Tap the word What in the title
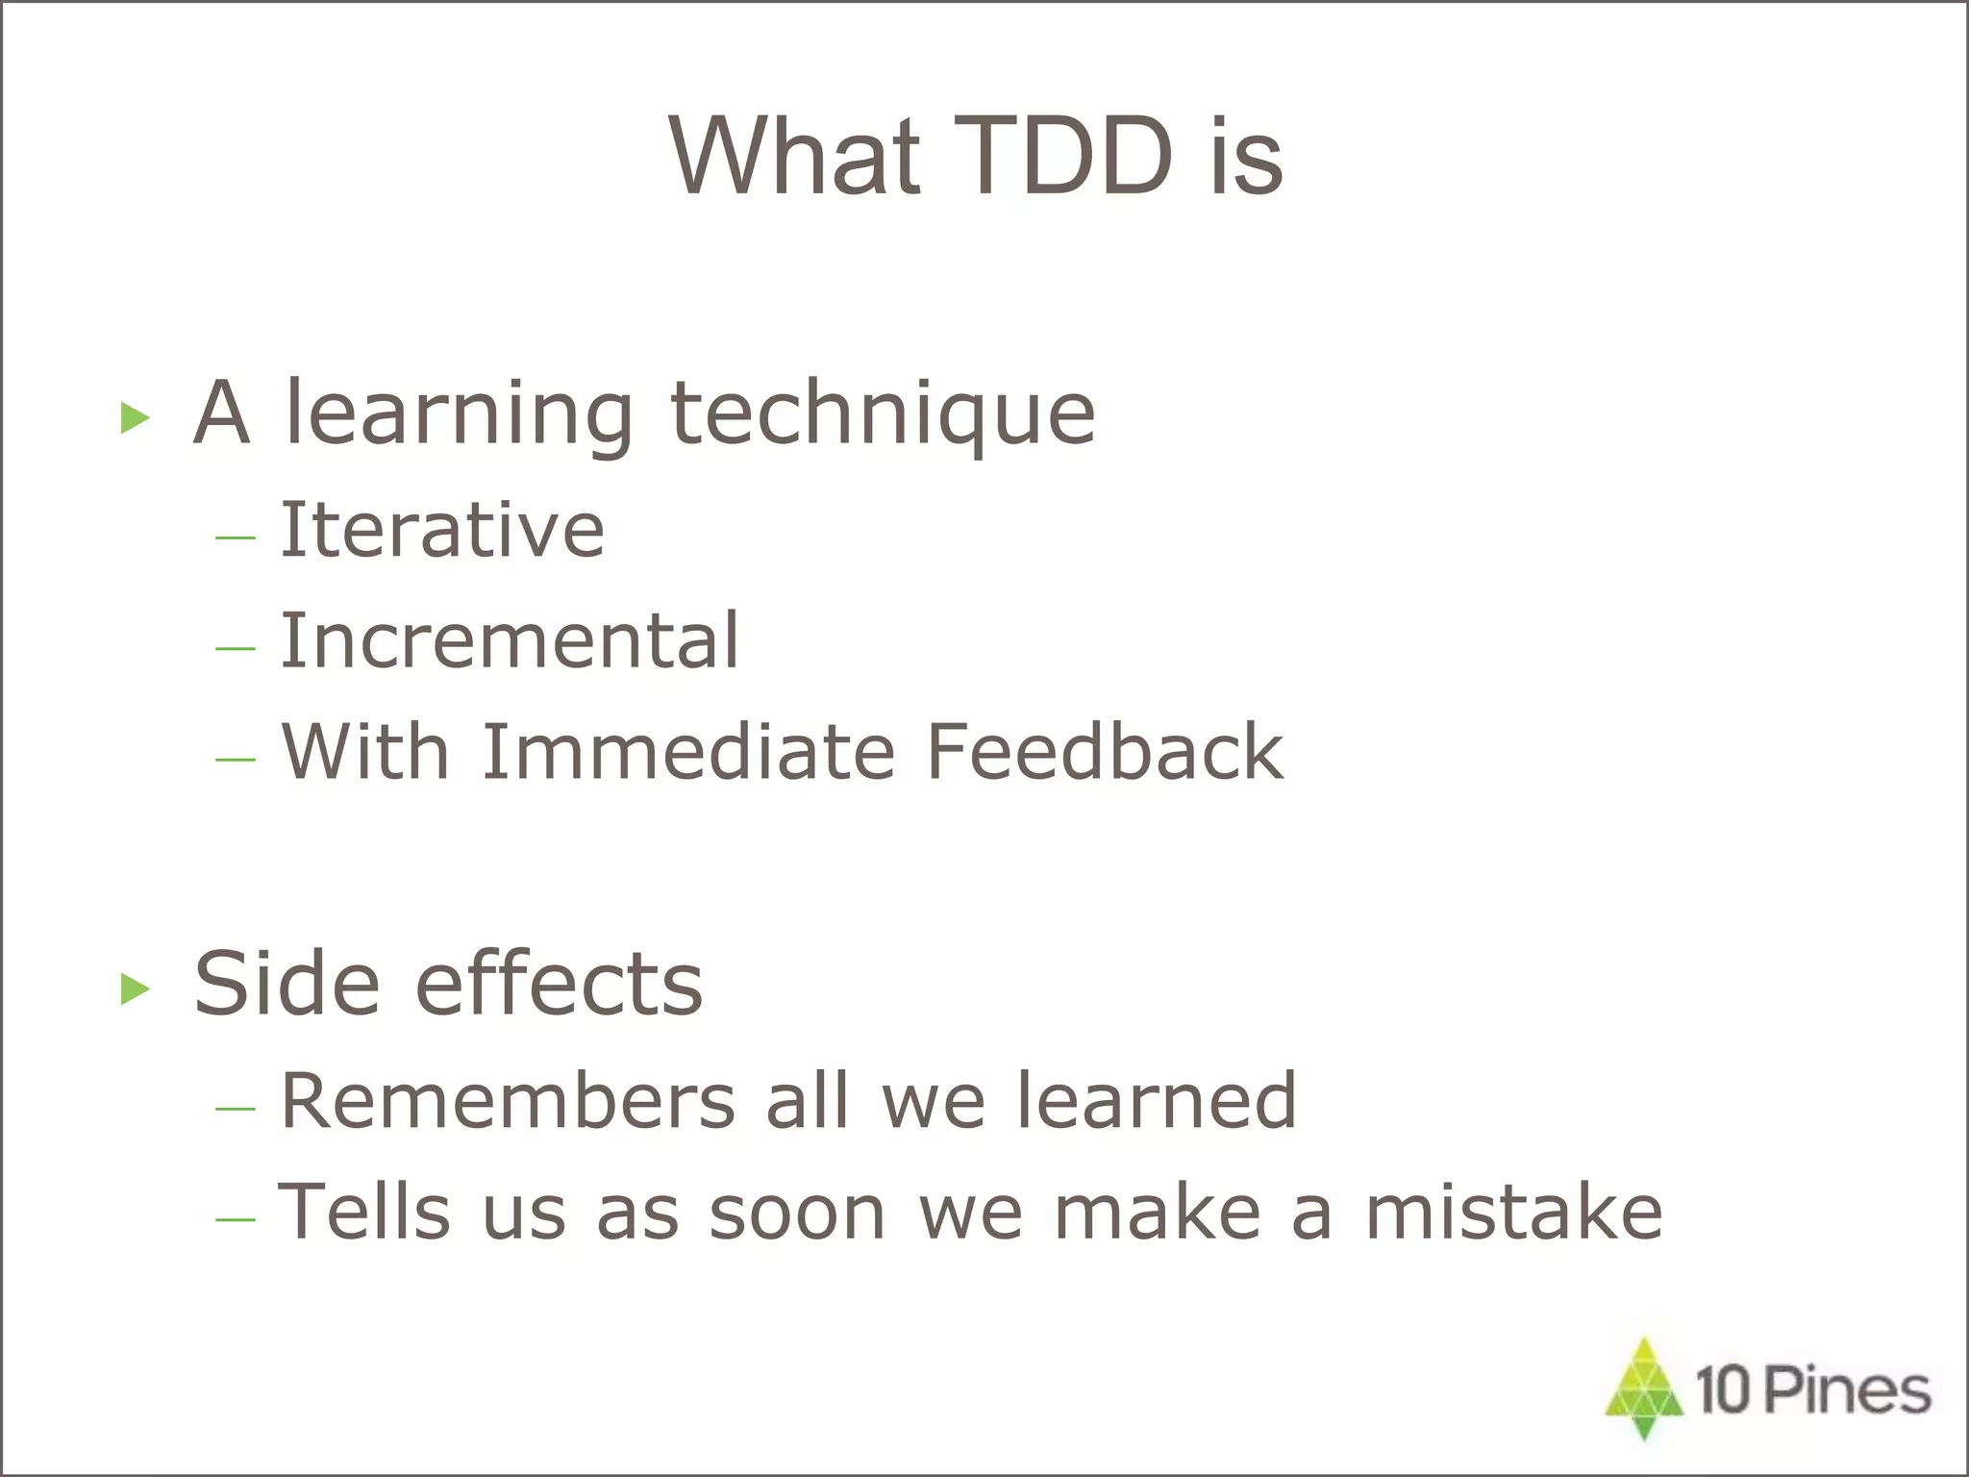[x=794, y=157]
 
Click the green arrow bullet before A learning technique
[x=136, y=418]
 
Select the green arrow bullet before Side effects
[x=136, y=989]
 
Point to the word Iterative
[x=442, y=530]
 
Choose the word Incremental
[x=510, y=641]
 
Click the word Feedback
[x=1105, y=752]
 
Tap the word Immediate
[x=688, y=752]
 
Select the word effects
[x=559, y=985]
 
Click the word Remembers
[x=508, y=1101]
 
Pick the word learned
[x=1157, y=1101]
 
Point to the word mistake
[x=1513, y=1213]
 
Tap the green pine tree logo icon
[x=1644, y=1388]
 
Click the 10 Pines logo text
[x=1812, y=1390]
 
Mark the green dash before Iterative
[x=236, y=537]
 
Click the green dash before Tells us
[x=236, y=1219]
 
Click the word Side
[x=287, y=985]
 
